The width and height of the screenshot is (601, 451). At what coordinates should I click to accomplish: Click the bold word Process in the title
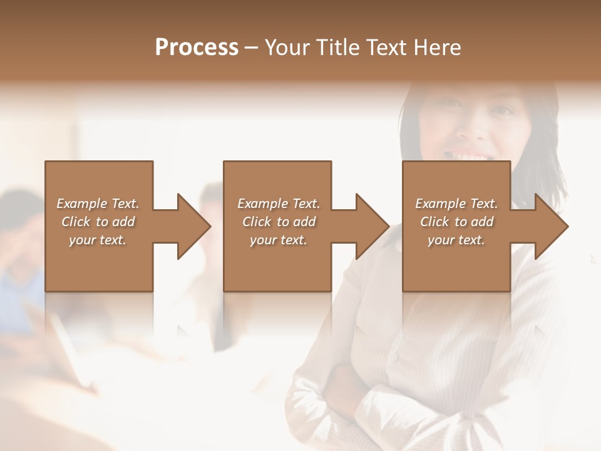point(197,48)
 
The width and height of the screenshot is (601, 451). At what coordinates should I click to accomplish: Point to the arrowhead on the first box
point(191,226)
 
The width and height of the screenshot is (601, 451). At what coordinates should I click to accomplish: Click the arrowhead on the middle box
point(370,226)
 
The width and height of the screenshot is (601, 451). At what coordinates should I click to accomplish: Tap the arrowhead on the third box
point(549,226)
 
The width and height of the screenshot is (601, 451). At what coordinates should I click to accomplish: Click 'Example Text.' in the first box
point(98,204)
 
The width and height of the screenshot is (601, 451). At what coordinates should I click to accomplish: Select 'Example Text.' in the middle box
point(279,204)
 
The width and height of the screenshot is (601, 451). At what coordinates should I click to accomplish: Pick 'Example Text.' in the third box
point(456,204)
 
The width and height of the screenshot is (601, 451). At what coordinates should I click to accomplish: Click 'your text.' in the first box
point(98,240)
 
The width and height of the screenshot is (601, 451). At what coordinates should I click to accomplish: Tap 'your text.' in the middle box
point(279,240)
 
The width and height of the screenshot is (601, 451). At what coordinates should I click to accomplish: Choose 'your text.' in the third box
point(456,240)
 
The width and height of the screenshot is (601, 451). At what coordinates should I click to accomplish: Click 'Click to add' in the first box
point(98,222)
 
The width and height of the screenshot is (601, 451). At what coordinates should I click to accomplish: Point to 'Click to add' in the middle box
point(279,222)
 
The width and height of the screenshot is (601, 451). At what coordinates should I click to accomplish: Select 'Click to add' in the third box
point(456,222)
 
